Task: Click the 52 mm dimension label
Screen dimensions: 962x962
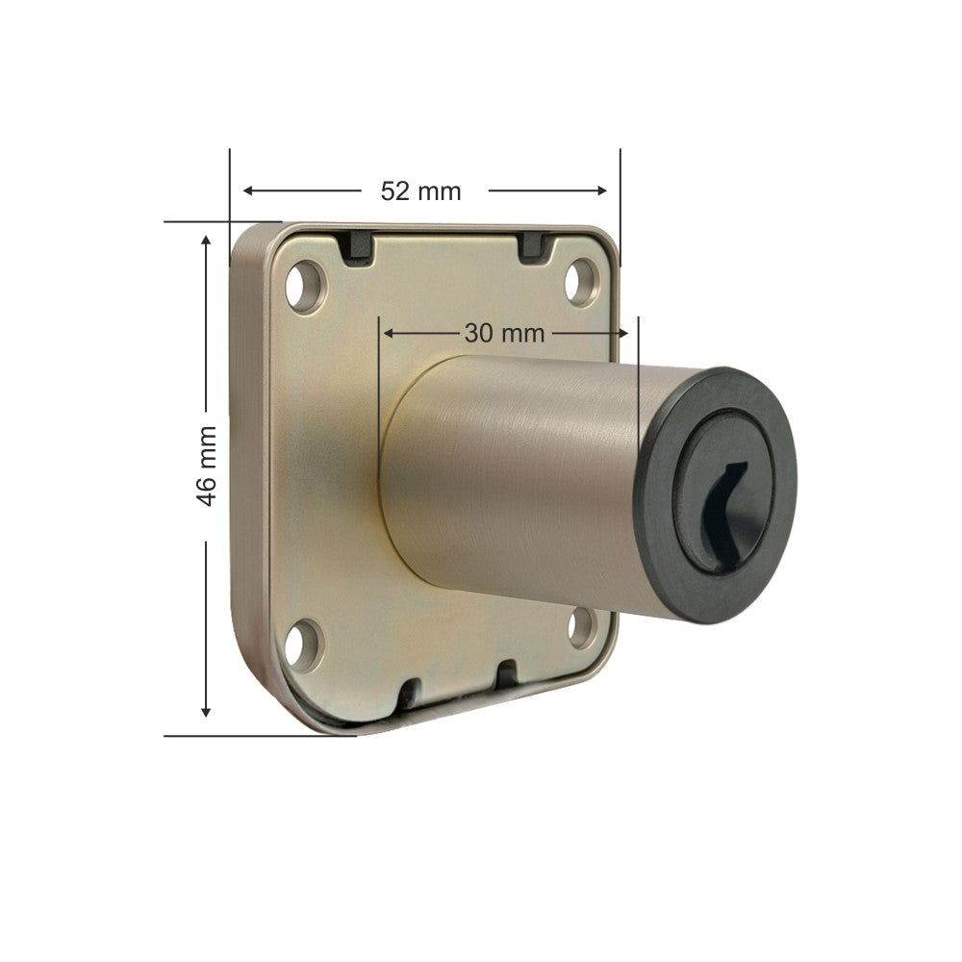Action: tap(420, 191)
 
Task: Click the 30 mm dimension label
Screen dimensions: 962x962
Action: tap(504, 334)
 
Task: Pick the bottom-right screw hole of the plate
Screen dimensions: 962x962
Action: tap(582, 627)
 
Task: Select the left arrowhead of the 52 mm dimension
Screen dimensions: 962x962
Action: tap(248, 190)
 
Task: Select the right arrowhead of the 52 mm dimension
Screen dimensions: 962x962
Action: tap(602, 190)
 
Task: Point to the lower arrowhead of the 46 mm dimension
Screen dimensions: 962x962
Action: tap(205, 711)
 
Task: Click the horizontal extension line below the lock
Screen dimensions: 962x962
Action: tap(260, 736)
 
